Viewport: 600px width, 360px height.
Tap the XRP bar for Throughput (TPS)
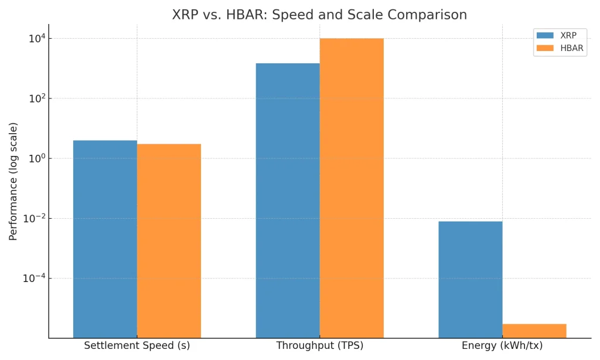pyautogui.click(x=288, y=200)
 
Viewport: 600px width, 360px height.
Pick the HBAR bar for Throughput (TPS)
pyautogui.click(x=352, y=188)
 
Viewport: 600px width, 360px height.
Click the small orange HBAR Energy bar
pyautogui.click(x=534, y=331)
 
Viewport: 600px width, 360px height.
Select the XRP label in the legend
pyautogui.click(x=568, y=36)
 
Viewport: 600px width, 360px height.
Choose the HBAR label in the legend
pyautogui.click(x=572, y=49)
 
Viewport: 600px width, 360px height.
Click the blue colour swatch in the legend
pyautogui.click(x=545, y=36)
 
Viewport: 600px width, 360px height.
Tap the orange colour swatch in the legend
pyautogui.click(x=545, y=49)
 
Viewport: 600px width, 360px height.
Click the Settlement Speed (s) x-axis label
pyautogui.click(x=137, y=346)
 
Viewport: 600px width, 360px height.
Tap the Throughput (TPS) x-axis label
pyautogui.click(x=320, y=346)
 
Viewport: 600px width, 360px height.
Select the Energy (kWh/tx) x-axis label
pyautogui.click(x=502, y=346)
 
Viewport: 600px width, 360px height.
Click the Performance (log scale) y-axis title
pyautogui.click(x=13, y=181)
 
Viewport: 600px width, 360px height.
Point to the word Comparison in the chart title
pyautogui.click(x=425, y=15)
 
